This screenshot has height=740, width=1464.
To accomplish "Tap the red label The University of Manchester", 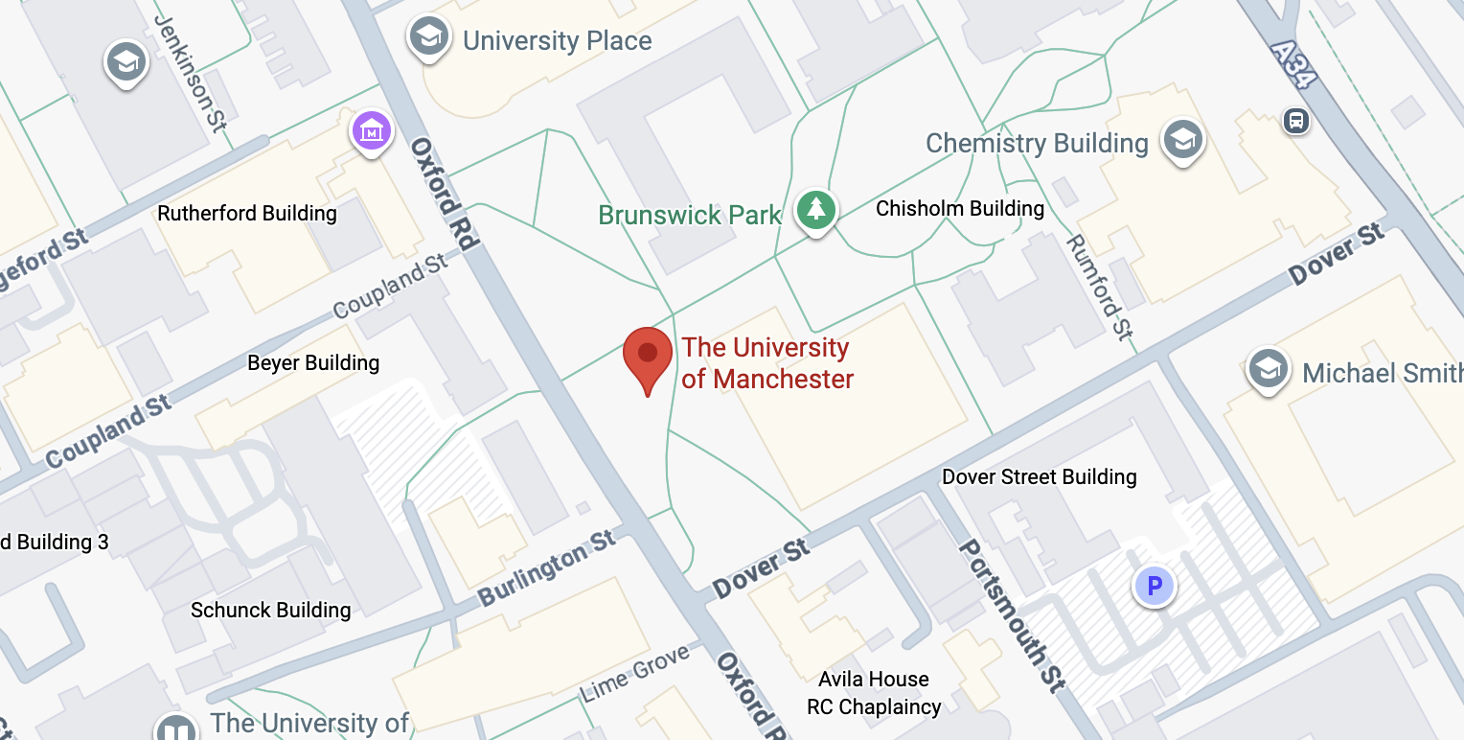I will point(766,363).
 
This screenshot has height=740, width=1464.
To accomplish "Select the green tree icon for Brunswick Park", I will point(815,209).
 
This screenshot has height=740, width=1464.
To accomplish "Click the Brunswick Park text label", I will point(690,215).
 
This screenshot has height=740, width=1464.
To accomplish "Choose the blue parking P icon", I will point(1155,585).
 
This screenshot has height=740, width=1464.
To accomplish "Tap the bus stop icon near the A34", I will point(1296,122).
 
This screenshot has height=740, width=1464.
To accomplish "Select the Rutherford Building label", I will point(247,213).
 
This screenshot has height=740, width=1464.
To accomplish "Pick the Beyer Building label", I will point(313,362).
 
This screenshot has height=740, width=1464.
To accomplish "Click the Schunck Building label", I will point(271,610).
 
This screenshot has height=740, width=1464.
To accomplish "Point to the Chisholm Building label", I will point(960,208).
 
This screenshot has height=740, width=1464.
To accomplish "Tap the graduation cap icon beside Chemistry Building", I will point(1182,141).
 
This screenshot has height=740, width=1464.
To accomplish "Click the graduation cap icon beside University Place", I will point(428,37).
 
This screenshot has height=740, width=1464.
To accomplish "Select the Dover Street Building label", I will point(1040,476).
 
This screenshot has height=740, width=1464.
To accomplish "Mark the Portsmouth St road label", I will point(1012,614).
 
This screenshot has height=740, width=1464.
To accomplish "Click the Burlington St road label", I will point(547,568).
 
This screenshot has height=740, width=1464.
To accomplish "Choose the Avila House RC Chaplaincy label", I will point(874,693).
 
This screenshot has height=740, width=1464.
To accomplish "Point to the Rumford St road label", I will point(1099,287).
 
